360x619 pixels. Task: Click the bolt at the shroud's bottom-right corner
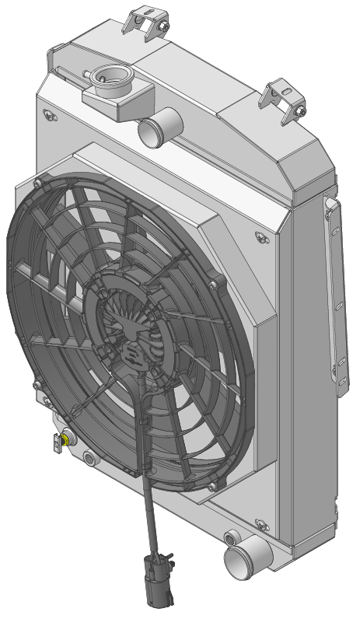211,486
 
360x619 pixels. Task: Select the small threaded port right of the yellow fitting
92,459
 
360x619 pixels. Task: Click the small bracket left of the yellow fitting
56,444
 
